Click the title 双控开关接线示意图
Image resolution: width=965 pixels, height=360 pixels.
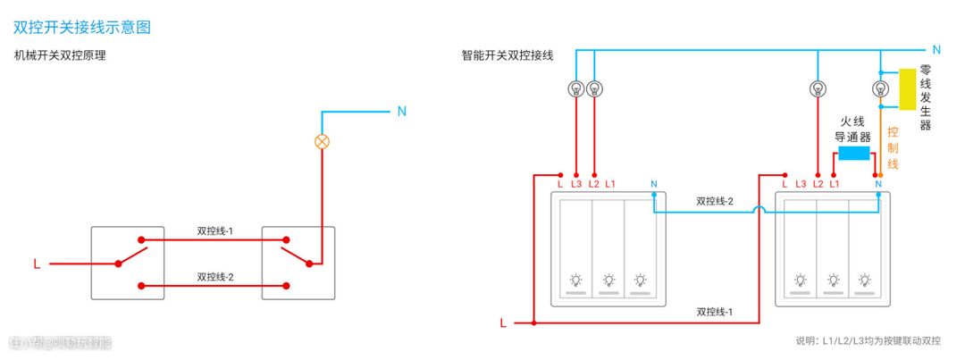82,27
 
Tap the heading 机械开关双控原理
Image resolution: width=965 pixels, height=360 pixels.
61,55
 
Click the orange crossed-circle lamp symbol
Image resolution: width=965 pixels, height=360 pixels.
323,141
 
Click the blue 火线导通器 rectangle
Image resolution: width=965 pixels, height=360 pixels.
855,153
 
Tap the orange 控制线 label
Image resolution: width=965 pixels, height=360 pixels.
893,147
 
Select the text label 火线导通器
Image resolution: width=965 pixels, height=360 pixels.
852,129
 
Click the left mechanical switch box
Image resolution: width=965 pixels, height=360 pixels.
127,263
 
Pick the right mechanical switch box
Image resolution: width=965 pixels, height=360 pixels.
298,263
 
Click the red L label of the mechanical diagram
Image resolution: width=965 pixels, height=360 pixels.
37,264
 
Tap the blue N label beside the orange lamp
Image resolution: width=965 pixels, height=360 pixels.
401,112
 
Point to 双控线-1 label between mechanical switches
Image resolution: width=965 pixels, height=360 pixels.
214,230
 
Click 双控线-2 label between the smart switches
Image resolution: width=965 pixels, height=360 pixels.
715,201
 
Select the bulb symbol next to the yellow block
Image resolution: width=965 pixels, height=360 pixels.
880,88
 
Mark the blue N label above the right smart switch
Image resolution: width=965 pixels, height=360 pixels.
879,184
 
